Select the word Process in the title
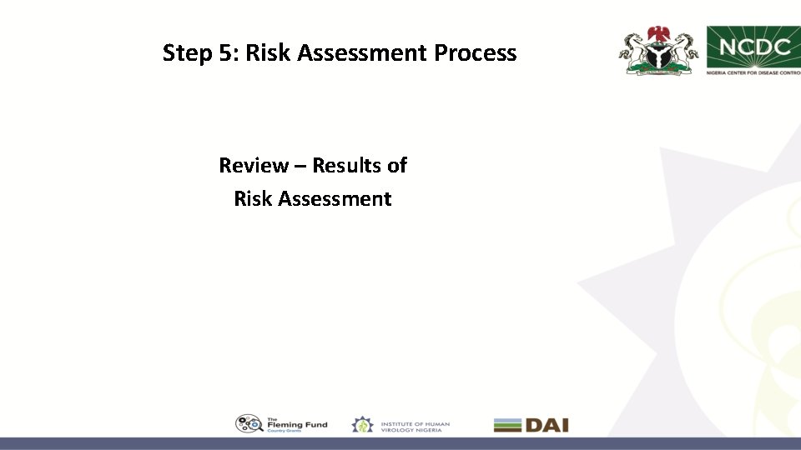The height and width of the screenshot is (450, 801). coord(476,53)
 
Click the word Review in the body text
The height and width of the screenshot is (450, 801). coord(252,165)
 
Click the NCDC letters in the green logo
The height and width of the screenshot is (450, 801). coord(754,47)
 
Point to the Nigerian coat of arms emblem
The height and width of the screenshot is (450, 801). coord(658,51)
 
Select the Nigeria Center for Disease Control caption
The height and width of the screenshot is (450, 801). coord(754,72)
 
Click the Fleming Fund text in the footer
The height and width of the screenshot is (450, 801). coord(297,425)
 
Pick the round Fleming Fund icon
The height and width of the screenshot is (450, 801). coord(249,424)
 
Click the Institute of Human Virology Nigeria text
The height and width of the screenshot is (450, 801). coord(415,425)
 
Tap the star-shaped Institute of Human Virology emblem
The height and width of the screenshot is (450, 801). coord(362,425)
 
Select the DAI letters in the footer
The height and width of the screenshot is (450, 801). coord(547,425)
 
